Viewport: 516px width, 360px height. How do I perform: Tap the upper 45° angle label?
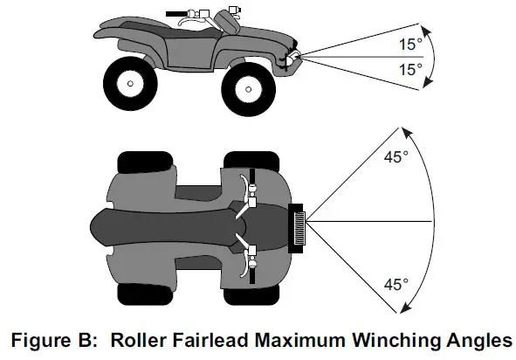pyautogui.click(x=397, y=161)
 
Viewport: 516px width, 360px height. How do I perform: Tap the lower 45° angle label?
pyautogui.click(x=397, y=283)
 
